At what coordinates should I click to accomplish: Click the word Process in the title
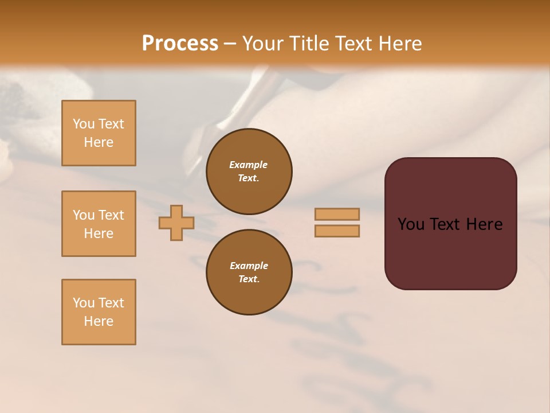point(180,43)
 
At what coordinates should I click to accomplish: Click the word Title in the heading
point(308,44)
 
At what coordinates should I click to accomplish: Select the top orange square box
point(99,133)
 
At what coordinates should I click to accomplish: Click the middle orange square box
point(99,224)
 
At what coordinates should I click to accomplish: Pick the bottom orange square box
point(99,312)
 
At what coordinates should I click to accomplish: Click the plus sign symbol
point(176,223)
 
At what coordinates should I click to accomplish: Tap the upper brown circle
point(249,171)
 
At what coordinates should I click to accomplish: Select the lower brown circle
point(249,272)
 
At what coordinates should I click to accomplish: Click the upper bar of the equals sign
point(337,214)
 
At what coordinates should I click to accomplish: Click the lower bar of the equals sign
point(337,231)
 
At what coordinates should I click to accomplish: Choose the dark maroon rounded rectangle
point(450,224)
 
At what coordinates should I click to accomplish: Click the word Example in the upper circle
point(249,165)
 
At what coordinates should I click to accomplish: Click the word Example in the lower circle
point(249,266)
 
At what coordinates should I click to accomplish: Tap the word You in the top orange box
point(84,124)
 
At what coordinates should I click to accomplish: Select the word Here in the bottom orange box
point(99,321)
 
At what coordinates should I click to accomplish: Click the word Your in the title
point(264,44)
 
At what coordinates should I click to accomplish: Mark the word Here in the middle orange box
point(99,233)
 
